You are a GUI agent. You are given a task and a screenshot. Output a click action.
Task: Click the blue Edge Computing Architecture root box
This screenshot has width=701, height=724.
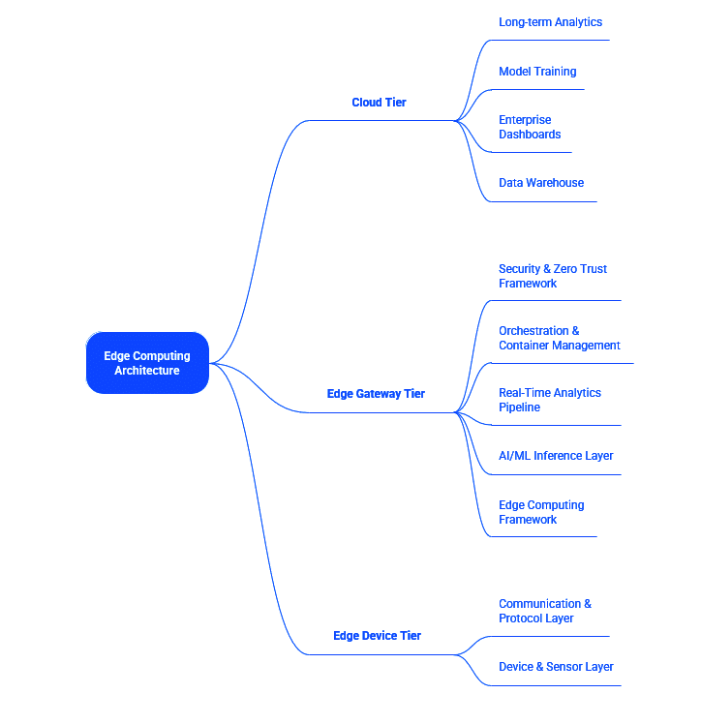147,363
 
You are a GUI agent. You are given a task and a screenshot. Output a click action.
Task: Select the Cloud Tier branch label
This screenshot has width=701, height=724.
379,103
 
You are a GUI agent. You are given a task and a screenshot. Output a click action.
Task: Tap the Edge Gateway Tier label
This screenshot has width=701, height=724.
376,394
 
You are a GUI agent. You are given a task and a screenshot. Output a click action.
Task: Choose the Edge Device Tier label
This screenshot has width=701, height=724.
377,636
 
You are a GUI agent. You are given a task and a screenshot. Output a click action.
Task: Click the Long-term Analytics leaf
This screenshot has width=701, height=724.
550,22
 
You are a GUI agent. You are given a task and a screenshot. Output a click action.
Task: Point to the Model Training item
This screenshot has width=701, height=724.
537,72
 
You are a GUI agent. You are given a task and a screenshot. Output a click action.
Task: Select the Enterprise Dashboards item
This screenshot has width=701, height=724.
530,127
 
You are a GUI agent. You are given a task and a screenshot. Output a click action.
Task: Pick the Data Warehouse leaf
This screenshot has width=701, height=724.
541,183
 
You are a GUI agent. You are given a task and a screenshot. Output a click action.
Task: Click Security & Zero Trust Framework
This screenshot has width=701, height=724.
553,276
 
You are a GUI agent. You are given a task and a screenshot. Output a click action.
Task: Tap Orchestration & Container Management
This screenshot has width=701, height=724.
559,338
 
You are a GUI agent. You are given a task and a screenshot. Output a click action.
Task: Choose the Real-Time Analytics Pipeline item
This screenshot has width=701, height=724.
550,400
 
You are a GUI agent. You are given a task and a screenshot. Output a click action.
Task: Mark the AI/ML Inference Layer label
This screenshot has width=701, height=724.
556,456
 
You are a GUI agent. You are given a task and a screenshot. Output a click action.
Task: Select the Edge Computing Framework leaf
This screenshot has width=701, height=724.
541,512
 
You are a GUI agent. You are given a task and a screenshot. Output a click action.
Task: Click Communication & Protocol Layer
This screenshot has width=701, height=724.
545,611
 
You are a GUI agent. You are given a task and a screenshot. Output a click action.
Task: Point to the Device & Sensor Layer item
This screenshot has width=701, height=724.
556,667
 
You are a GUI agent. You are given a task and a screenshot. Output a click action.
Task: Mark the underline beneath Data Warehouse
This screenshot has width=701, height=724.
542,201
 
